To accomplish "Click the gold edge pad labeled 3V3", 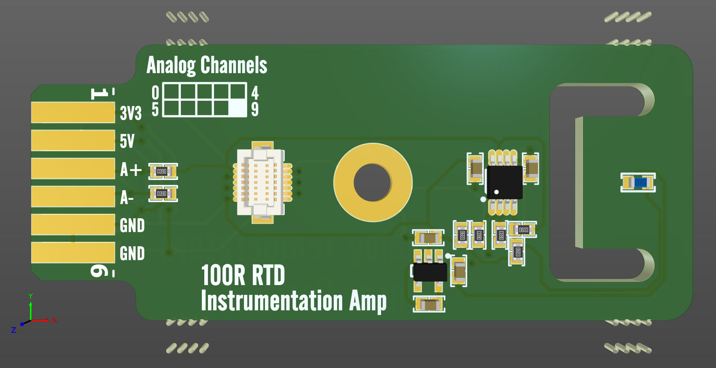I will point(73,112).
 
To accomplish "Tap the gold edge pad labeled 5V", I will point(73,140).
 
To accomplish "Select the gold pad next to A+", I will point(73,169).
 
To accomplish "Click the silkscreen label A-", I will point(127,198).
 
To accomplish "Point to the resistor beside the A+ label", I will point(163,171).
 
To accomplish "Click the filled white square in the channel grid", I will point(238,108).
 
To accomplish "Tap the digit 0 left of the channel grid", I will point(155,93).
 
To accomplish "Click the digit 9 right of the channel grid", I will point(255,109).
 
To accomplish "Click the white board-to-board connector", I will point(261,182).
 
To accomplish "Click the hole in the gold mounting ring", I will point(372,182).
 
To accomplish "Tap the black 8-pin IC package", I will point(504,182).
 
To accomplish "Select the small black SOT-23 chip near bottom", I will point(430,272).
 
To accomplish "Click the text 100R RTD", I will point(243,276).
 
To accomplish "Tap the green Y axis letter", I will point(31,296).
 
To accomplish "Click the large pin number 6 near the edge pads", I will point(98,271).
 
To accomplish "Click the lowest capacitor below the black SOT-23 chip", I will point(429,304).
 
